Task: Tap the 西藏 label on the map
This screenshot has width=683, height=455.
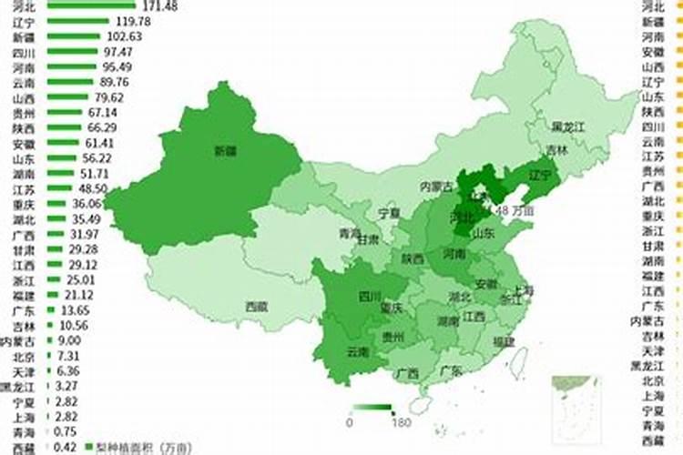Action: coord(257,307)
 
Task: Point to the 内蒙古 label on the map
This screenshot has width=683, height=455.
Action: coord(435,186)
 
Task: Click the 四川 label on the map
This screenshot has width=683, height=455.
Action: coord(370,296)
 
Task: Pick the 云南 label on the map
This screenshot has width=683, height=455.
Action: coord(358,351)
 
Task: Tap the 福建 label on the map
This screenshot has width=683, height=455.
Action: coord(504,341)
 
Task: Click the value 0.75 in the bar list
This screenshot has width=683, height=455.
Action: coord(65,431)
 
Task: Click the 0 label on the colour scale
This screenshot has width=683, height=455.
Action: coord(350,421)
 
